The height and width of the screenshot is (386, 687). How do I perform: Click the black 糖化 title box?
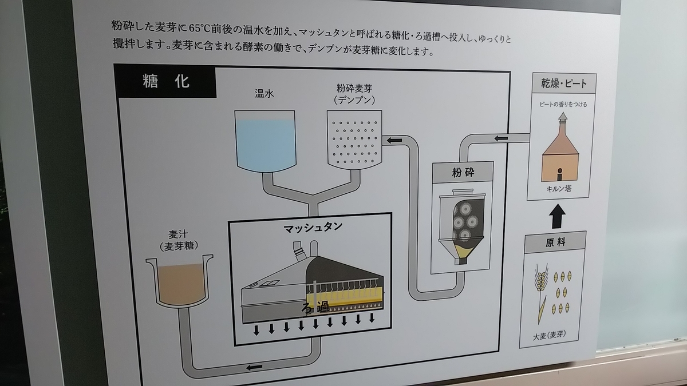click(x=165, y=81)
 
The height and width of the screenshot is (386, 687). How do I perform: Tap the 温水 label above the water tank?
click(x=264, y=93)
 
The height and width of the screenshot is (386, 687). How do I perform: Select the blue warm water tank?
click(x=266, y=141)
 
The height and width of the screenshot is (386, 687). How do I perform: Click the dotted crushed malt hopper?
click(x=354, y=140)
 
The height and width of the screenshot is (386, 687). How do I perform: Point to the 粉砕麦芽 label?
click(x=354, y=89)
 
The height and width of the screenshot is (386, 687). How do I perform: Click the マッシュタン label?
click(x=313, y=228)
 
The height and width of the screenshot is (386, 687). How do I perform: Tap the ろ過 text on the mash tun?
click(x=315, y=307)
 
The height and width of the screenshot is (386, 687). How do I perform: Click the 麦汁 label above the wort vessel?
click(x=178, y=234)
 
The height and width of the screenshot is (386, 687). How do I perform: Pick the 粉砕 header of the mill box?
click(x=463, y=173)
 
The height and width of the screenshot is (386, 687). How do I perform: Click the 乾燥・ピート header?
click(x=564, y=83)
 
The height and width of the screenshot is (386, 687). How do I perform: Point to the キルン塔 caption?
click(x=559, y=189)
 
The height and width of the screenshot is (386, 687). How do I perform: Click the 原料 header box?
click(x=555, y=242)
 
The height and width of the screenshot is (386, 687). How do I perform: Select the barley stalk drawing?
click(x=542, y=293)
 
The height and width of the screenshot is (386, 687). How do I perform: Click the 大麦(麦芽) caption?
click(x=549, y=336)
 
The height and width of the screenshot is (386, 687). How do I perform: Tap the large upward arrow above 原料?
click(x=557, y=216)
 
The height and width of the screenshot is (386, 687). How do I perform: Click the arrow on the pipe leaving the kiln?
click(x=501, y=138)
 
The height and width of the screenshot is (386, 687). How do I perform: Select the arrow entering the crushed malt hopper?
click(x=394, y=141)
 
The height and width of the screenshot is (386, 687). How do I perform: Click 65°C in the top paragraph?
click(x=199, y=28)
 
